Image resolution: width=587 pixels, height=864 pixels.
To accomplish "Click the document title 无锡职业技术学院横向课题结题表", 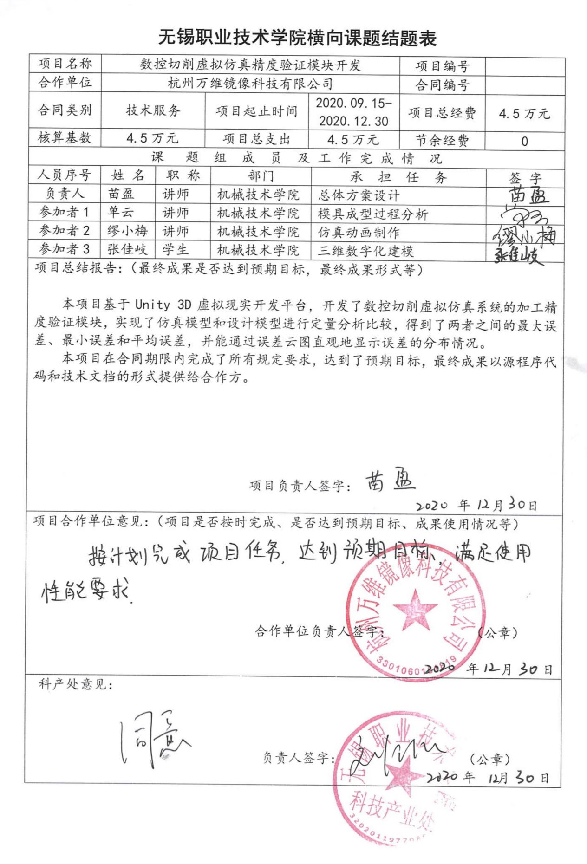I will pos(297,37).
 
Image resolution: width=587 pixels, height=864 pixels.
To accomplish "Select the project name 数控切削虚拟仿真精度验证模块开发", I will pos(250,65).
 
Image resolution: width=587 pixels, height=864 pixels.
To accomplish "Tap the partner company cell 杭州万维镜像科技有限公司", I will pos(250,84).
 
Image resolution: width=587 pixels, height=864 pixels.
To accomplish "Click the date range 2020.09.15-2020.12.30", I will pos(353,112).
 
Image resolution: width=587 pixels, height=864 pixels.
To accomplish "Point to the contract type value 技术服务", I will pos(153,110).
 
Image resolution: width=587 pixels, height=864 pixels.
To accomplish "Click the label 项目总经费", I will pos(442,113).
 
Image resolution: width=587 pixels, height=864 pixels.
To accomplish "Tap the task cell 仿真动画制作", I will pos(358,232).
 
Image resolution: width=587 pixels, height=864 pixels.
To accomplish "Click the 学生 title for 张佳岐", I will pos(176,250).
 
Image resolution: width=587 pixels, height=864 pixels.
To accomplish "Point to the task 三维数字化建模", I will pos(365,251).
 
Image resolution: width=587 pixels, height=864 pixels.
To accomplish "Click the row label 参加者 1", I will pos(64,212).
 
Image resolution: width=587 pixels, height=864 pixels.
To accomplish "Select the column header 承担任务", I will pos(398,177).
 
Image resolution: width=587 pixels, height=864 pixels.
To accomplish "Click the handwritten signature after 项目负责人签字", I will pos(390,483).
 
